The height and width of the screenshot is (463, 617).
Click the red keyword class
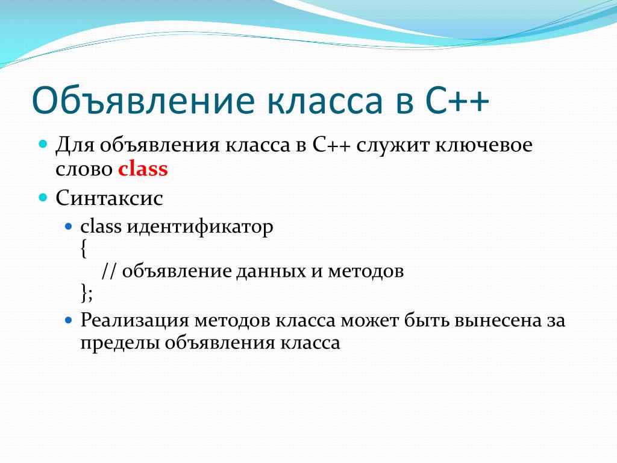pos(143,169)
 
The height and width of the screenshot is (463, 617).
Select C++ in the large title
pos(457,101)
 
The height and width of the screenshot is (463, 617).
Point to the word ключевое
pos(484,145)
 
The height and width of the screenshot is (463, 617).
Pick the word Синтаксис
pos(109,198)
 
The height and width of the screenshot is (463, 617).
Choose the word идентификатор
pos(200,227)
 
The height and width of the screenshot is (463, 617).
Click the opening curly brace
pos(83,249)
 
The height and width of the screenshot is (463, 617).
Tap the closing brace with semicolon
pos(87,294)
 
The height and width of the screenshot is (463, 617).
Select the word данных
pos(271,272)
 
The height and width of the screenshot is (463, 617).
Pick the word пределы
pos(120,343)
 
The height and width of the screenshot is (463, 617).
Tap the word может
pos(369,321)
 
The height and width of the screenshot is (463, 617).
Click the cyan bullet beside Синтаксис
pos(43,197)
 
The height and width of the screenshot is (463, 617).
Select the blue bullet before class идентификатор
pos(69,227)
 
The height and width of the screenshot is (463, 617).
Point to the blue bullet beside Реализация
pos(69,320)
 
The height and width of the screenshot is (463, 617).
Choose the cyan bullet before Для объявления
pos(43,143)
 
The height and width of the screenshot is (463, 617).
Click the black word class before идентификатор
pos(101,227)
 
